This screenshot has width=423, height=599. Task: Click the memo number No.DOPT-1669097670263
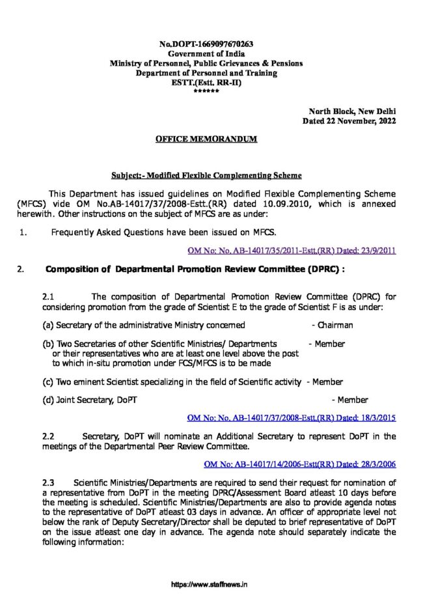click(x=206, y=44)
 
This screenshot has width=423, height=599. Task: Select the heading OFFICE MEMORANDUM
click(x=206, y=139)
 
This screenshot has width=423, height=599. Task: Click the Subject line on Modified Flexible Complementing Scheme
click(x=206, y=176)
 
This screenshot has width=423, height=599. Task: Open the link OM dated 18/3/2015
click(x=292, y=417)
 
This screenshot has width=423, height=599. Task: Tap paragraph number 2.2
click(x=49, y=436)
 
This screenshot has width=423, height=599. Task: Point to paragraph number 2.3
click(x=49, y=482)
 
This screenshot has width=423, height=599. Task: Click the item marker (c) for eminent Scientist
click(x=48, y=382)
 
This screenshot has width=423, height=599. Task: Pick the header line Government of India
click(x=206, y=53)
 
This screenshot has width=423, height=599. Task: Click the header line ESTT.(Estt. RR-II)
click(x=206, y=83)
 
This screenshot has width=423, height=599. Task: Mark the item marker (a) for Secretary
click(x=48, y=325)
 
